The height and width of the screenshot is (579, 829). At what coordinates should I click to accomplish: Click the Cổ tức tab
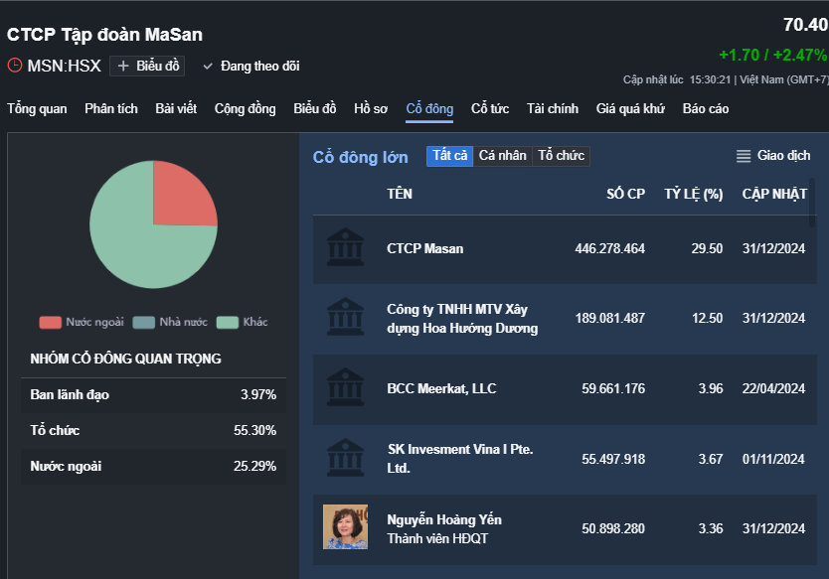point(490,108)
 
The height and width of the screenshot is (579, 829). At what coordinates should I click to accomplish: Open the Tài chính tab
point(553,108)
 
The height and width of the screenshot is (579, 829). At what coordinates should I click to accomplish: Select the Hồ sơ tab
point(371,108)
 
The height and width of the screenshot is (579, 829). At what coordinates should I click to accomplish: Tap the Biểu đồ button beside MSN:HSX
point(149,66)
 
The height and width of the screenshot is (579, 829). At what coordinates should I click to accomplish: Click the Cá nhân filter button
point(502,155)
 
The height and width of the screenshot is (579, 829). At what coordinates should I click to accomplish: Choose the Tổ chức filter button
point(562,155)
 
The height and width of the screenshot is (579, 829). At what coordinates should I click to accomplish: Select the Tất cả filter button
point(449,155)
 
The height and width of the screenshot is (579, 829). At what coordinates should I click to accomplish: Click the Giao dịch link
point(773,155)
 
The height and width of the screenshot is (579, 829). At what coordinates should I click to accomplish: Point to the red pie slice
point(184,194)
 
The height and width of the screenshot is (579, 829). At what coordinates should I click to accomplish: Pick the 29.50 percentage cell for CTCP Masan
point(707,248)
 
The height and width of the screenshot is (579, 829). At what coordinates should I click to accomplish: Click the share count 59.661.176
point(609,388)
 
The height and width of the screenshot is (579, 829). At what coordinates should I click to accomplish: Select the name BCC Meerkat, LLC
point(441,388)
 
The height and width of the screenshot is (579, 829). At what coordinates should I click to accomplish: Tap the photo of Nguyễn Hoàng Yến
point(345,527)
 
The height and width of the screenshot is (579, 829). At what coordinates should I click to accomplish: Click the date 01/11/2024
point(773,459)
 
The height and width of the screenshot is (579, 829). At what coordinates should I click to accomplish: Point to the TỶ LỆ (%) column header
point(693,194)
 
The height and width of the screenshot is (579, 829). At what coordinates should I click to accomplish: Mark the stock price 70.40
point(804,25)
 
